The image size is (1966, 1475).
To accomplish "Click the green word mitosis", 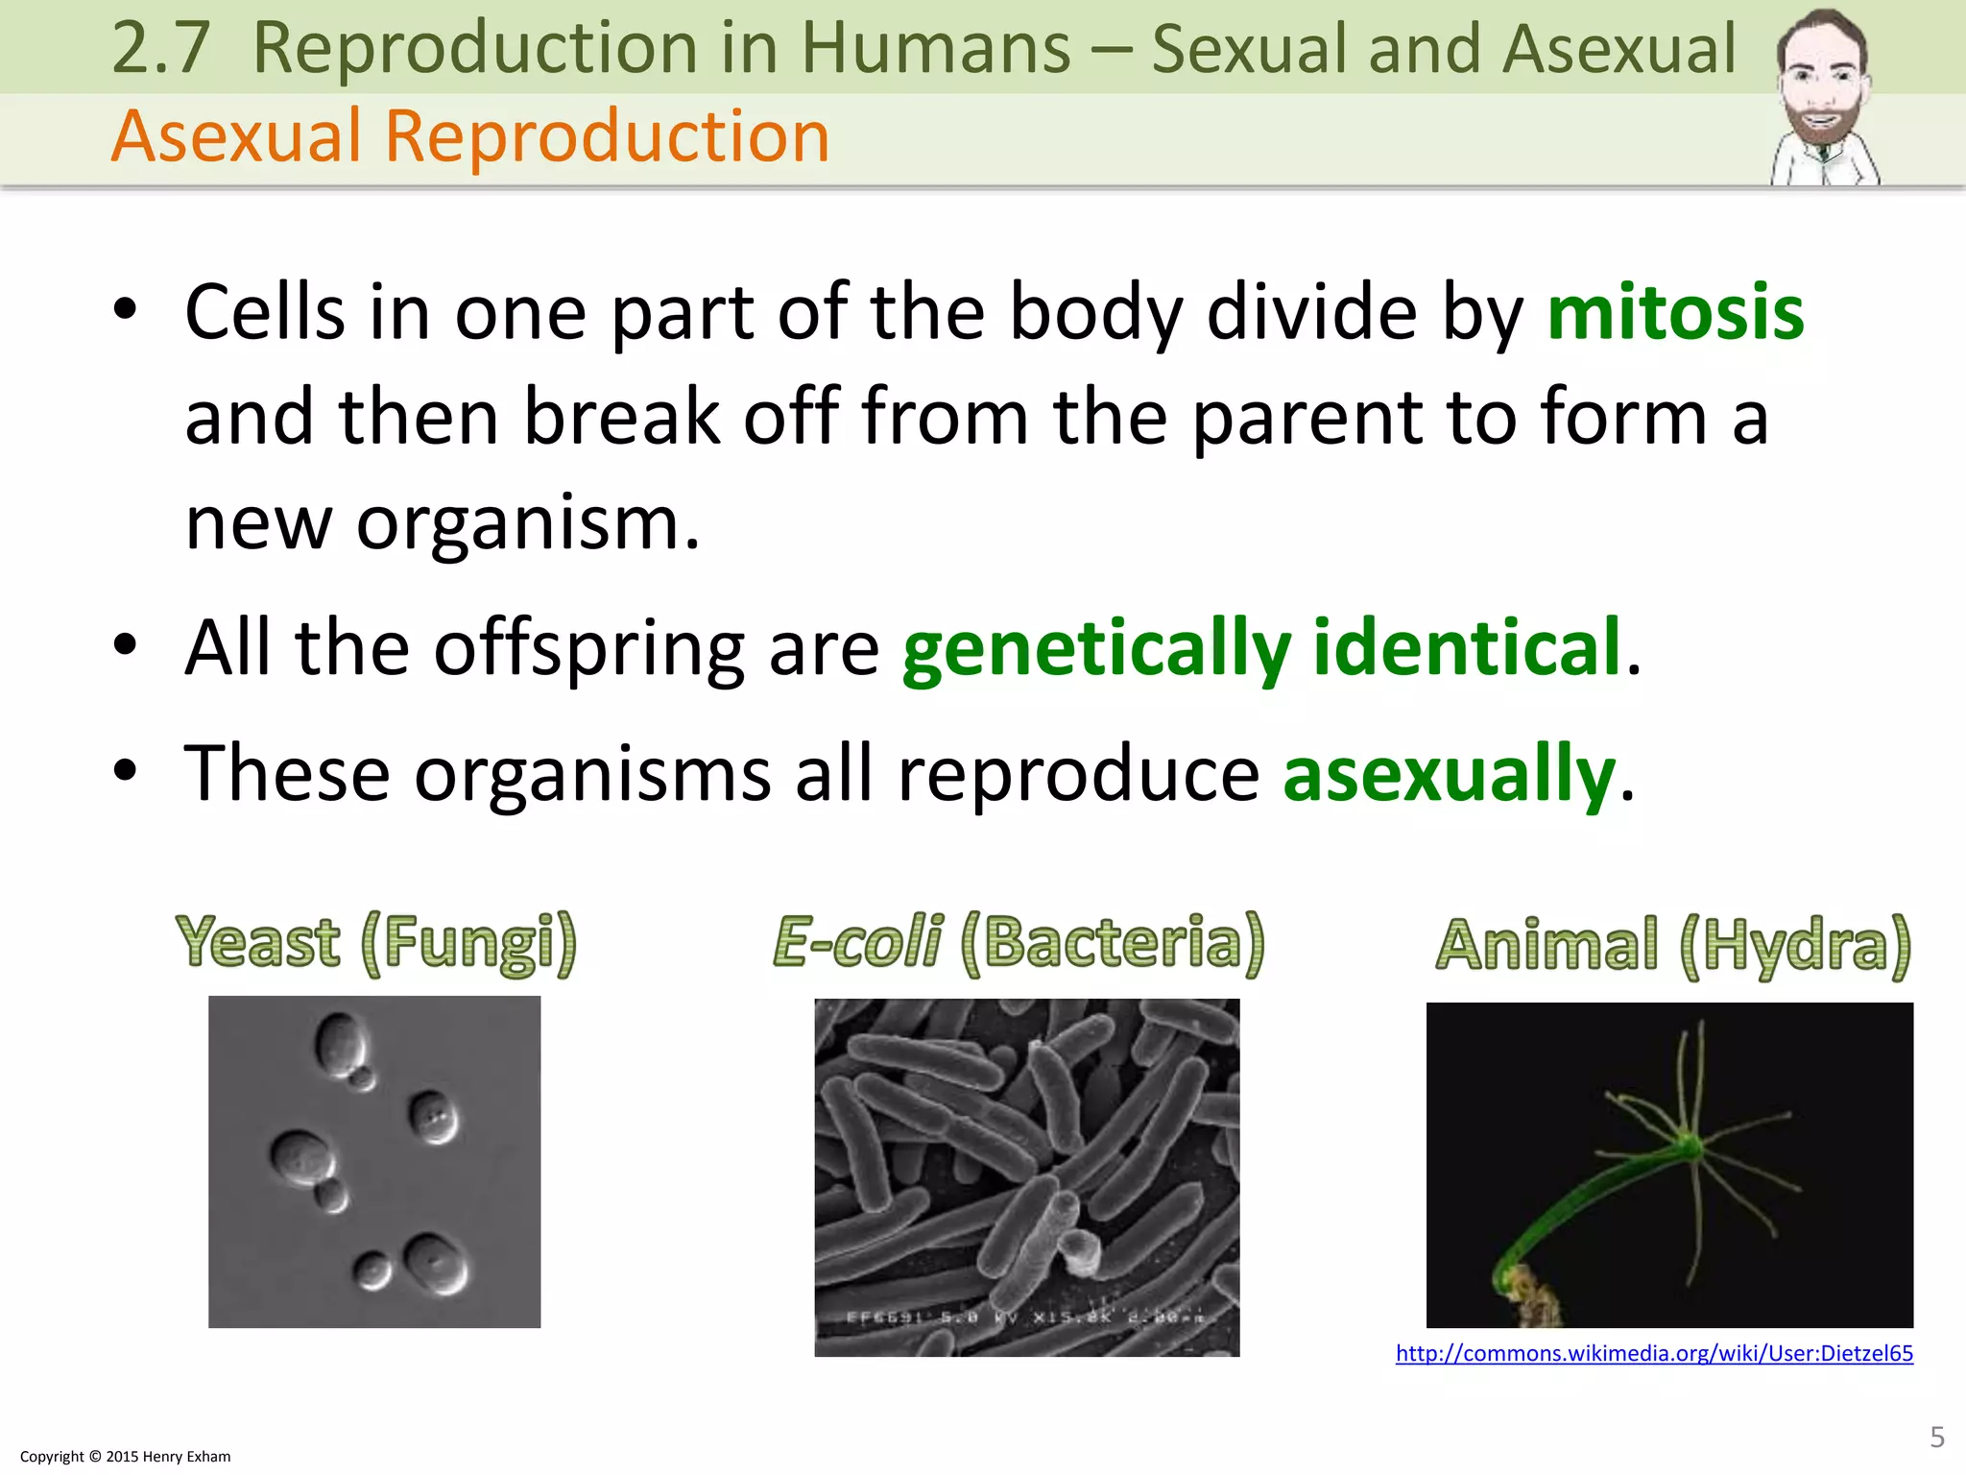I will (x=1675, y=313).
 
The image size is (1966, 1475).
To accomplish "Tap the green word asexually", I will (x=1449, y=774).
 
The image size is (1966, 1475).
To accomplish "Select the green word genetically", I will (x=1096, y=649).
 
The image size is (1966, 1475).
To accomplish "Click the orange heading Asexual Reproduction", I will (x=470, y=136).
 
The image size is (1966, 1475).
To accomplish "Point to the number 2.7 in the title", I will (x=160, y=48).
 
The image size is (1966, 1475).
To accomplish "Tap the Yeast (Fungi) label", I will (x=376, y=942).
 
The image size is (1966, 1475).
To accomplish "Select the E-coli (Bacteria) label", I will (x=1019, y=942).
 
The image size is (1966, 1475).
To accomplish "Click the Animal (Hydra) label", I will (x=1673, y=945).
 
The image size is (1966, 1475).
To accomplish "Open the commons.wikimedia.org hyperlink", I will (x=1653, y=1353).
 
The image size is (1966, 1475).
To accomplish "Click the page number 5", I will (x=1936, y=1437).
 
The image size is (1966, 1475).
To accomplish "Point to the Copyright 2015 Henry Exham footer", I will (x=126, y=1456).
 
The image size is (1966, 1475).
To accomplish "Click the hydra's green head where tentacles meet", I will (x=1689, y=1145).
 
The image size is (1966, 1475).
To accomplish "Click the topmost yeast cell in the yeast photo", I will (x=341, y=1043).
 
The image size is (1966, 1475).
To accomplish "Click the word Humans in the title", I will (x=935, y=48).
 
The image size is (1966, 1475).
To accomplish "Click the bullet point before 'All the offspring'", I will (x=125, y=645).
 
